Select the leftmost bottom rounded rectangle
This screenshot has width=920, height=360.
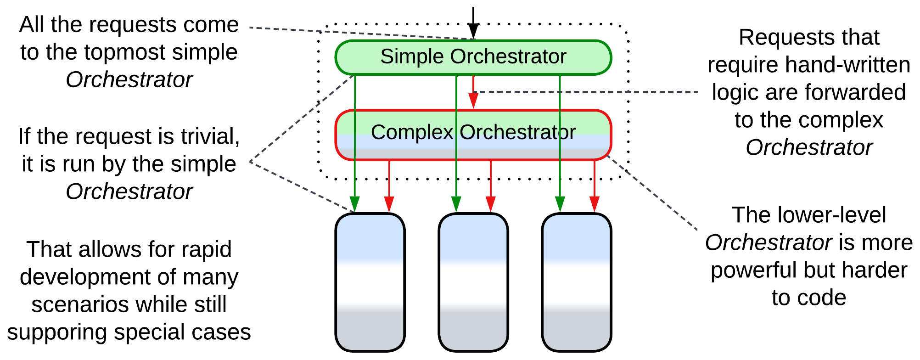(370, 282)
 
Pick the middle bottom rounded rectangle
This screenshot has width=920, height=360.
(473, 282)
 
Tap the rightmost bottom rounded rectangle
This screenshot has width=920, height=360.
(577, 282)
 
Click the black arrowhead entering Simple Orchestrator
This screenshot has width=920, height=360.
(473, 32)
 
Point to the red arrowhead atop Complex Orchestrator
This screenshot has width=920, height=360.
(473, 101)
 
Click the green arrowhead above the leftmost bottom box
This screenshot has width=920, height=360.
(354, 203)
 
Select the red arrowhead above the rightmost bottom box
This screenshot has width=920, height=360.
(594, 203)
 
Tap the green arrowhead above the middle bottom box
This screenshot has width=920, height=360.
(456, 203)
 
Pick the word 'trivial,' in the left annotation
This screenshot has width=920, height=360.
(210, 136)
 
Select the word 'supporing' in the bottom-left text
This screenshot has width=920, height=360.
(57, 332)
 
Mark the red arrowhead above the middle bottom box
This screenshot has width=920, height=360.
(490, 203)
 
